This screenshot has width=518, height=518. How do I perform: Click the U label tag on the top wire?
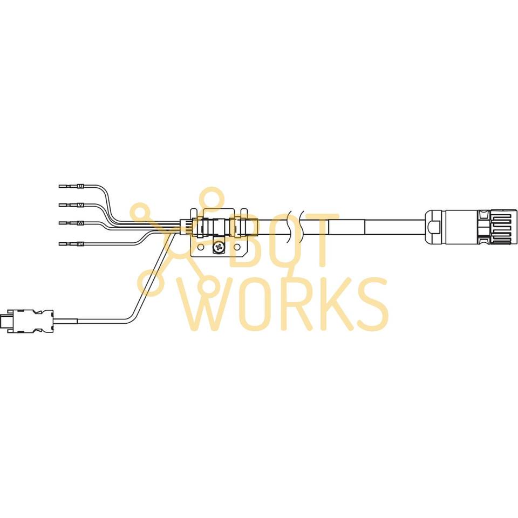[x=81, y=186]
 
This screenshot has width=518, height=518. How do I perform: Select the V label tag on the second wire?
[x=81, y=205]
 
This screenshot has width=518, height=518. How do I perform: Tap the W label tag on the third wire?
[x=81, y=222]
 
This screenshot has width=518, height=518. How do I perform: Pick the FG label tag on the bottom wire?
[x=80, y=244]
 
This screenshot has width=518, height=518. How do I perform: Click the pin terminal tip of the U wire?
[x=61, y=186]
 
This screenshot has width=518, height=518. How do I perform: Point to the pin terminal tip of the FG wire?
[x=61, y=244]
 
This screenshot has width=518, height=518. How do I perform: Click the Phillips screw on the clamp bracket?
[x=219, y=248]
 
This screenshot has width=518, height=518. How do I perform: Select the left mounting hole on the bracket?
[x=201, y=248]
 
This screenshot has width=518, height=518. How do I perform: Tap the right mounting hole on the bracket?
[x=237, y=248]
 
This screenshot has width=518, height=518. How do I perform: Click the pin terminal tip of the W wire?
[x=61, y=222]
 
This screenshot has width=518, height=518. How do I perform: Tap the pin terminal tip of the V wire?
[x=61, y=205]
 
